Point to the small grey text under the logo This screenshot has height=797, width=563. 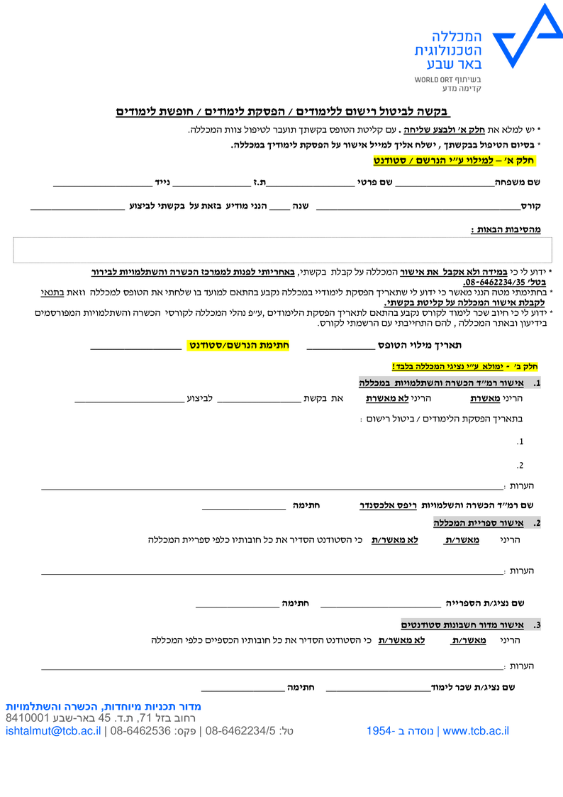(448, 82)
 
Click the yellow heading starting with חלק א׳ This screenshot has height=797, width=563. (455, 161)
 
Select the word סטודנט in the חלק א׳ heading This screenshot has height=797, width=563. (391, 161)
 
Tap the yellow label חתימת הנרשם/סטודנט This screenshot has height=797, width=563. (239, 346)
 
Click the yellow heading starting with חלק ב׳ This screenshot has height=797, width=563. (465, 366)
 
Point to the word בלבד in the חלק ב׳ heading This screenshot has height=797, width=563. (403, 366)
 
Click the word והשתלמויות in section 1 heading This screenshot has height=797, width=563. (415, 383)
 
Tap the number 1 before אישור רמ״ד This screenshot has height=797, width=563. (537, 383)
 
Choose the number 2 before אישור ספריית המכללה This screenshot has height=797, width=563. (537, 524)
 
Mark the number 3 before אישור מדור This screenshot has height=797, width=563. (537, 625)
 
